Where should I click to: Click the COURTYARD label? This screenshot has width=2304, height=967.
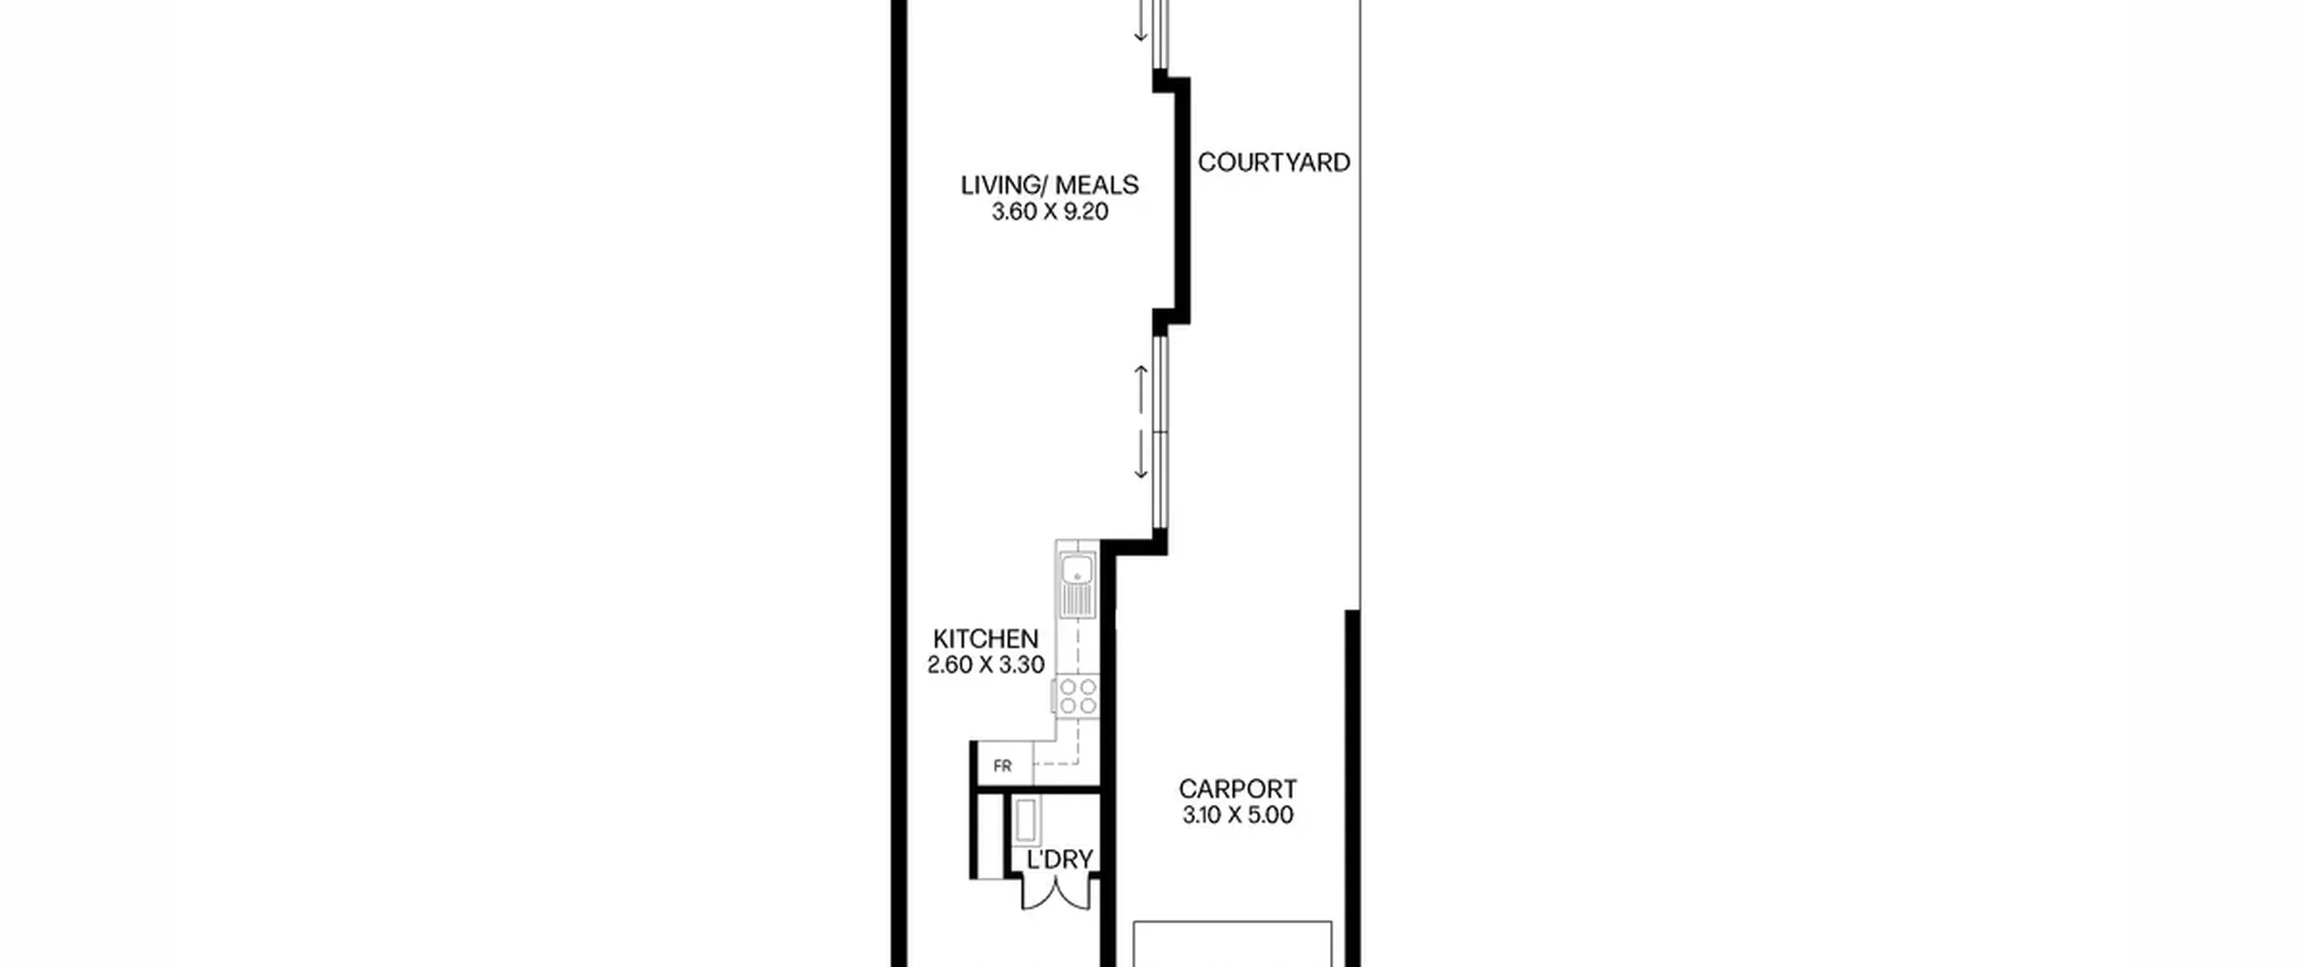(1273, 163)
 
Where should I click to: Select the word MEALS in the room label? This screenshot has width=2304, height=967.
(1096, 185)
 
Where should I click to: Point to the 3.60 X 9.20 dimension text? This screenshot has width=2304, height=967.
(1049, 212)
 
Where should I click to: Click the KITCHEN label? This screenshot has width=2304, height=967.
(985, 639)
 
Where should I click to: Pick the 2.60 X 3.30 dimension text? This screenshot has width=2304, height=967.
(985, 666)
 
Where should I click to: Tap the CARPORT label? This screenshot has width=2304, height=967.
(1237, 789)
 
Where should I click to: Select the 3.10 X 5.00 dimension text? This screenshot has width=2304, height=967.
(1237, 816)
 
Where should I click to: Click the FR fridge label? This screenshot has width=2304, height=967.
(1002, 766)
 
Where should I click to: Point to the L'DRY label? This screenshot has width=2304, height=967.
(1059, 860)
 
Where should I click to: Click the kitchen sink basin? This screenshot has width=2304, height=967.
(1077, 570)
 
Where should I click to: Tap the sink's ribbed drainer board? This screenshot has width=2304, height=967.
(1077, 602)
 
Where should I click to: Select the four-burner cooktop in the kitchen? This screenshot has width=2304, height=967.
(1078, 696)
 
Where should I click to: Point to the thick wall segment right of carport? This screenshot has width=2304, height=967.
(1352, 788)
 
